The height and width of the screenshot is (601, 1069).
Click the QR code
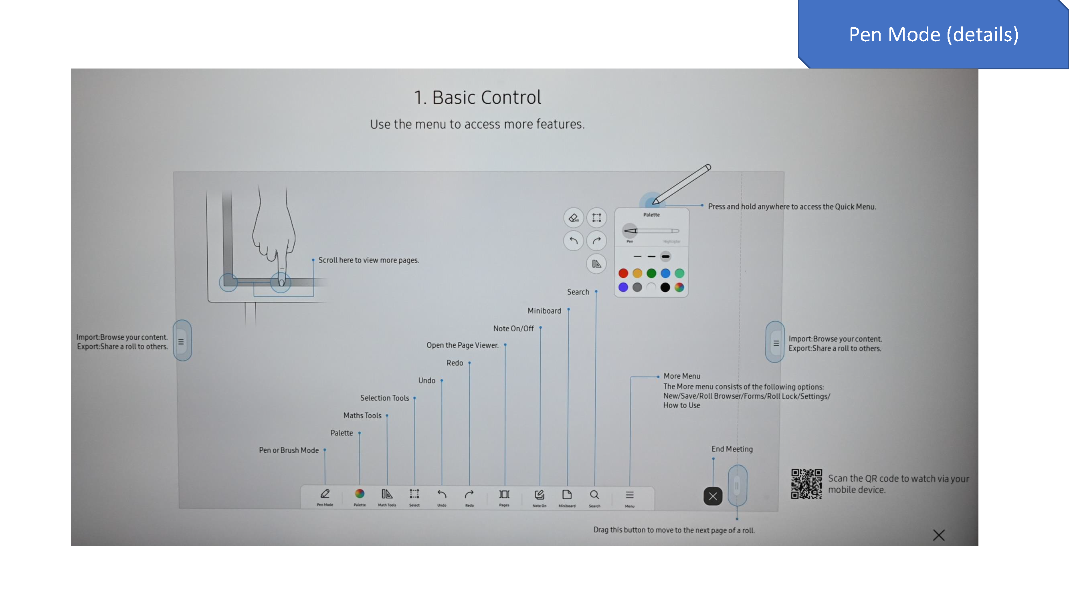click(x=806, y=484)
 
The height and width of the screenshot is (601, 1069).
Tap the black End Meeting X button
click(x=713, y=496)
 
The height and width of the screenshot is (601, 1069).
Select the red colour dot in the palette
click(x=623, y=273)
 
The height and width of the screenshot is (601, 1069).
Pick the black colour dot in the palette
click(x=665, y=287)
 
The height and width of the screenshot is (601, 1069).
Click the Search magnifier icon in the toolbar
click(x=594, y=495)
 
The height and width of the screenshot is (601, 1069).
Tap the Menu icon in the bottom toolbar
click(x=630, y=495)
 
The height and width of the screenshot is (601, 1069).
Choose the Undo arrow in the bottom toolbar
click(x=442, y=494)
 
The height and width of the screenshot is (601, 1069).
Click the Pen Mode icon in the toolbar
click(x=325, y=494)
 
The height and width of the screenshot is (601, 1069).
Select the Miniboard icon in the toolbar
click(x=567, y=495)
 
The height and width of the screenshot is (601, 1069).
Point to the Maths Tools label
click(x=362, y=415)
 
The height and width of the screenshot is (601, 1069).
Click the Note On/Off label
click(x=513, y=329)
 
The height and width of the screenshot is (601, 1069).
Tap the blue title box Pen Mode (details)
click(x=933, y=34)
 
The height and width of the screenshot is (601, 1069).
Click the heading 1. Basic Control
click(x=477, y=98)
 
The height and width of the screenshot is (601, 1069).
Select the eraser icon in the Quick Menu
click(x=574, y=218)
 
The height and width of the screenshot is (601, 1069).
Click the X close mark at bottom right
click(x=939, y=535)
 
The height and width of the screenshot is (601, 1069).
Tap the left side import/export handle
click(x=181, y=341)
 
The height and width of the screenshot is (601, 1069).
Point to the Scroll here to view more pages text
click(x=368, y=260)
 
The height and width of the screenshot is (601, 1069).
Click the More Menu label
click(x=681, y=376)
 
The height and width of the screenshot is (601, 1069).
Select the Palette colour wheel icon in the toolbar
click(x=360, y=494)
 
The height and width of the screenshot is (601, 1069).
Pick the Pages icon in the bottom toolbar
click(x=504, y=494)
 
